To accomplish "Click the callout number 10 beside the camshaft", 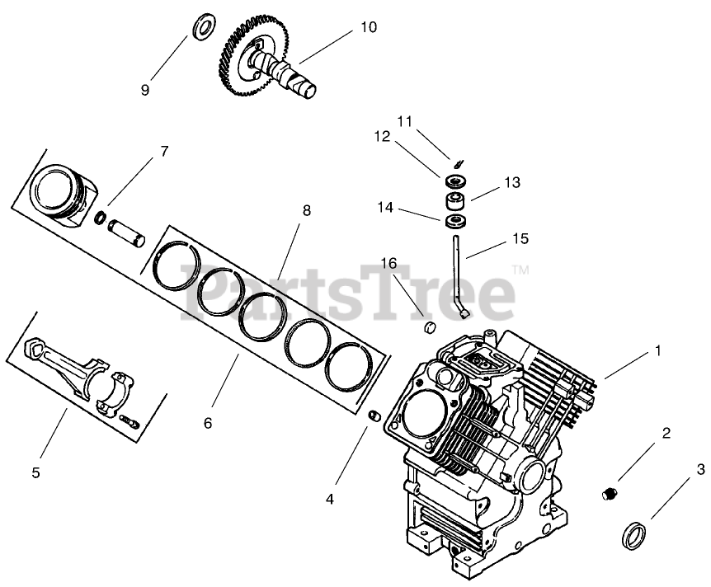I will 368,27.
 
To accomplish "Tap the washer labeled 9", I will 200,27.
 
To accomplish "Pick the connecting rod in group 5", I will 66,369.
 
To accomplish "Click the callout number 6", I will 207,423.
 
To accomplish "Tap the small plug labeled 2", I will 609,494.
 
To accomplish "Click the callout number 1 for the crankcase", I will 658,350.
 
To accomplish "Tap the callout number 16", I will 388,263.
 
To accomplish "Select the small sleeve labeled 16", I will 428,329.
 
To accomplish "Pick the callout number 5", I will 35,472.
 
